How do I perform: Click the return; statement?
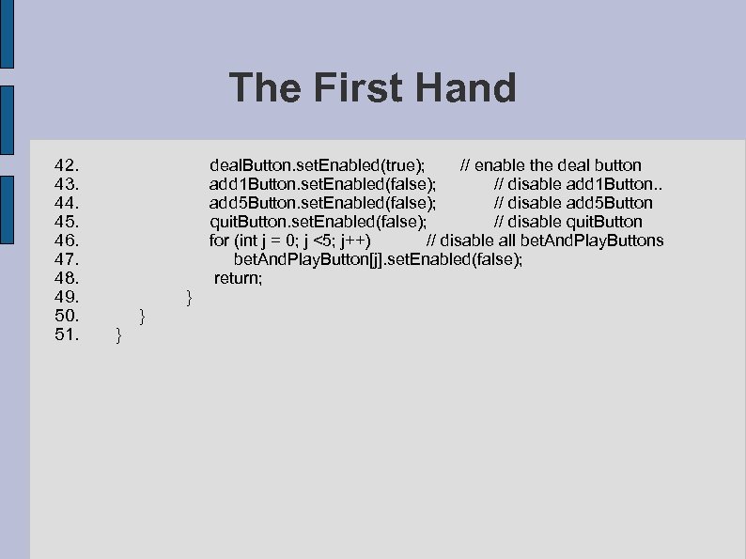[x=239, y=278]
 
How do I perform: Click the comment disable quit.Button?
[x=568, y=222]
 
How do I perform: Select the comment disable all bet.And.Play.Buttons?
[x=545, y=241]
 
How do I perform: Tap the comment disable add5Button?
[x=573, y=203]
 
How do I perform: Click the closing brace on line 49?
[x=190, y=298]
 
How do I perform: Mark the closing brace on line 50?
[x=141, y=317]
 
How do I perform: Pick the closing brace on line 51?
[x=117, y=335]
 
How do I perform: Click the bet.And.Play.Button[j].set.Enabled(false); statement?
[x=378, y=259]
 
